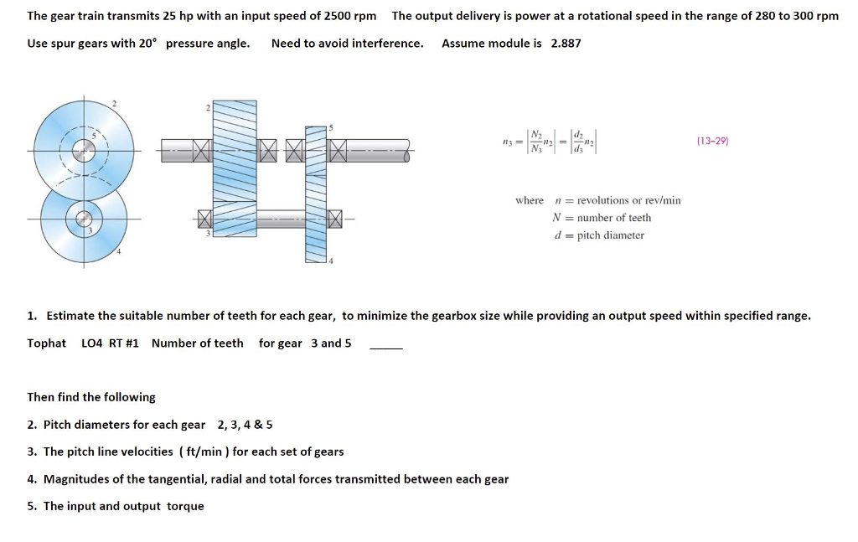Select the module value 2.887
coord(566,43)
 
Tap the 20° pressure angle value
coord(147,43)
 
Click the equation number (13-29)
coord(712,142)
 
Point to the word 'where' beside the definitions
coord(529,200)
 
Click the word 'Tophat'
coord(46,343)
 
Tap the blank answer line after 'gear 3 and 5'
coord(386,345)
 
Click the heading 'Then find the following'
coord(91,397)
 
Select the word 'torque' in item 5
coord(185,506)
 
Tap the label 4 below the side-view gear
coord(331,261)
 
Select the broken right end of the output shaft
coord(405,151)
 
